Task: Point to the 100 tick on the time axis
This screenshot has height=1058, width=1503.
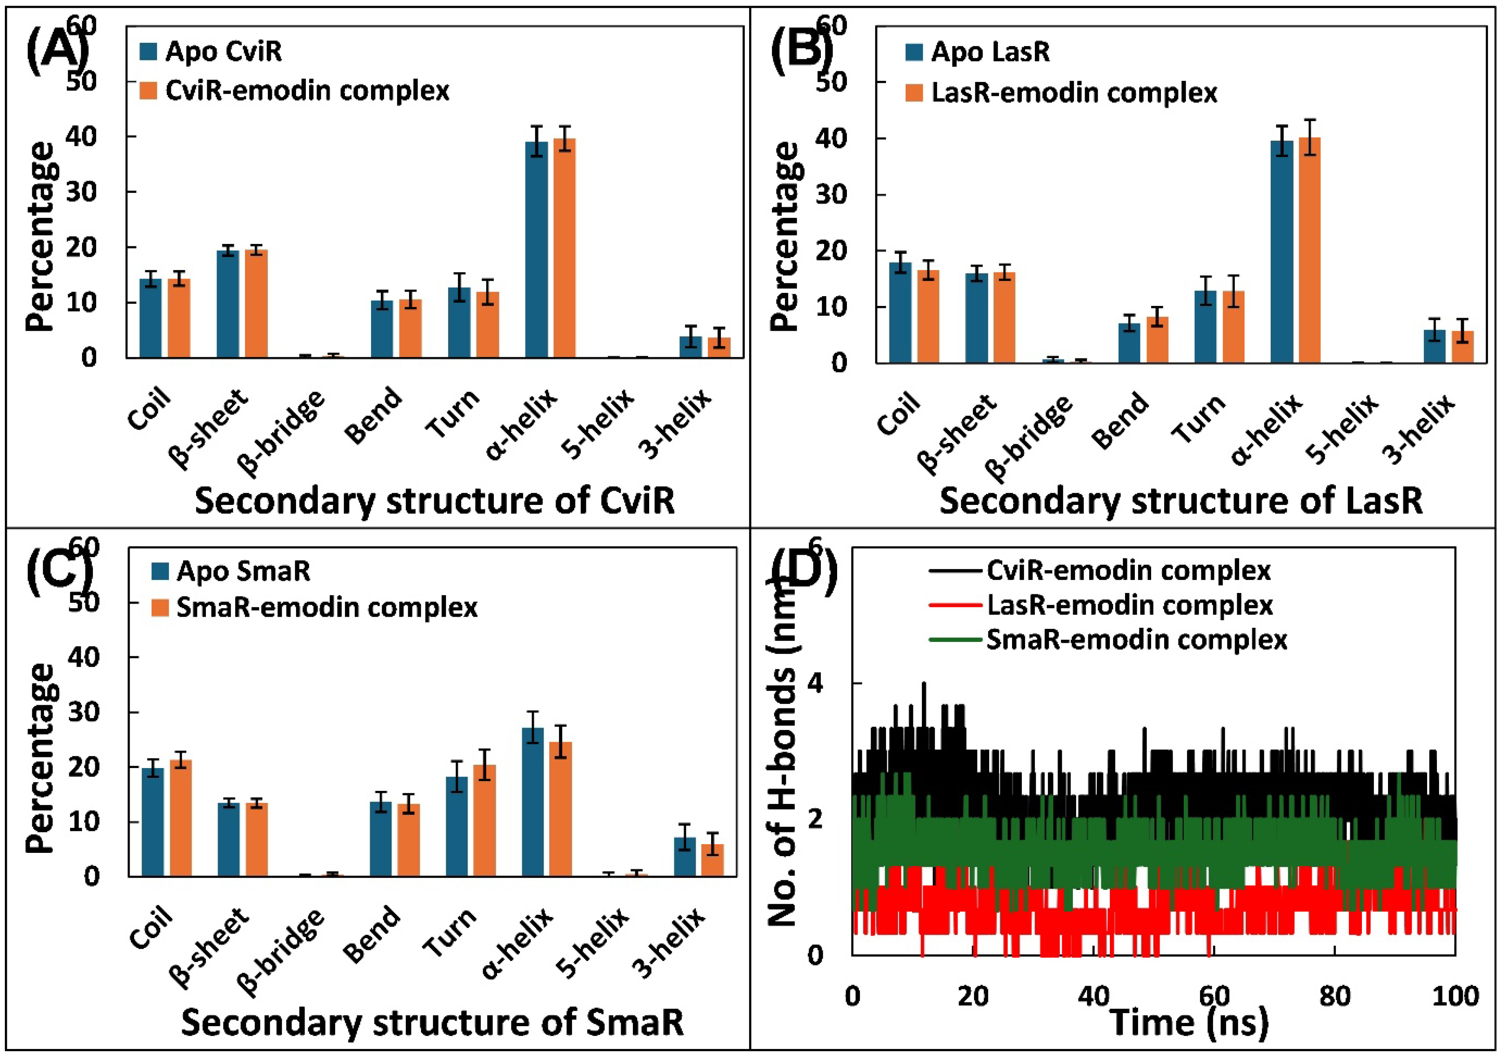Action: (1454, 996)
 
